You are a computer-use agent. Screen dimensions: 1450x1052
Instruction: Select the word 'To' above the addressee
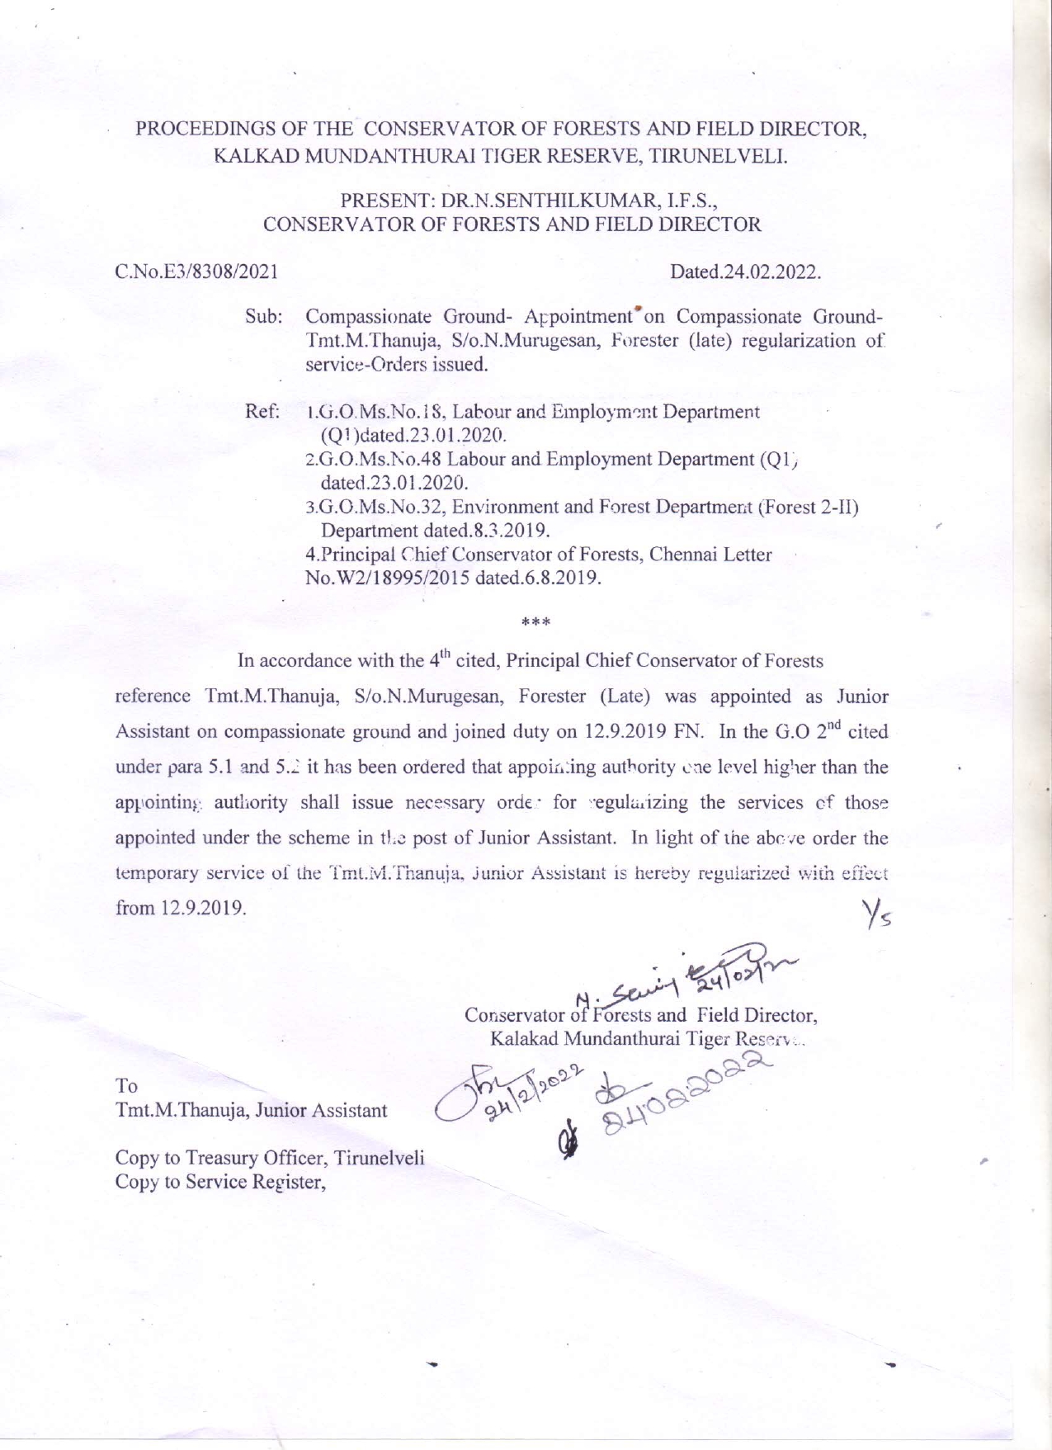[x=127, y=1085]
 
